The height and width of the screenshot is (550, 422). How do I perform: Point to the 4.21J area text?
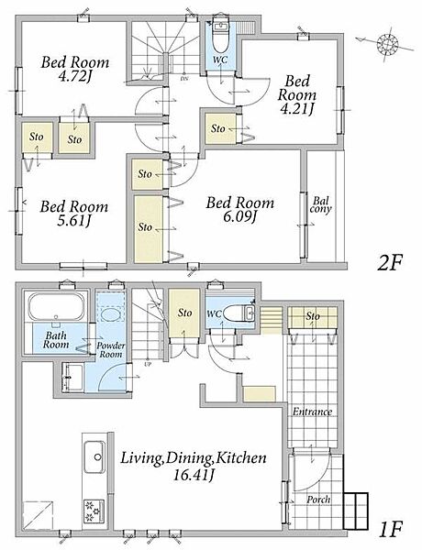point(296,109)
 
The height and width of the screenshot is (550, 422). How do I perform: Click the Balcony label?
point(321,205)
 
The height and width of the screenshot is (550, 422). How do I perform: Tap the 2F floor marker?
point(389,263)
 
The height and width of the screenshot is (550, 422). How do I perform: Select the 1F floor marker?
point(390,530)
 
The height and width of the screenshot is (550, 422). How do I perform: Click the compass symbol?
point(387,44)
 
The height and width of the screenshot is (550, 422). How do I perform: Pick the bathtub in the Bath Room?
point(56,306)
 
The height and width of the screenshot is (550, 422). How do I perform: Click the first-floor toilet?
point(239,313)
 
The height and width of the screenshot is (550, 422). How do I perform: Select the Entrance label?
point(312,412)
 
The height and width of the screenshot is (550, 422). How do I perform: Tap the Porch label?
point(318,500)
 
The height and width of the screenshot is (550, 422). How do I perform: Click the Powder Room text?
point(111,350)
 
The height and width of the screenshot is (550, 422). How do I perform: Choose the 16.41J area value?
point(194,476)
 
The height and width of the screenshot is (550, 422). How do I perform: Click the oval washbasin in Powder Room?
point(110,313)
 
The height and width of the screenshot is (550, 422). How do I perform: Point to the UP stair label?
point(147,364)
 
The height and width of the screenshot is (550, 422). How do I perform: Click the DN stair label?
point(184,79)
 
